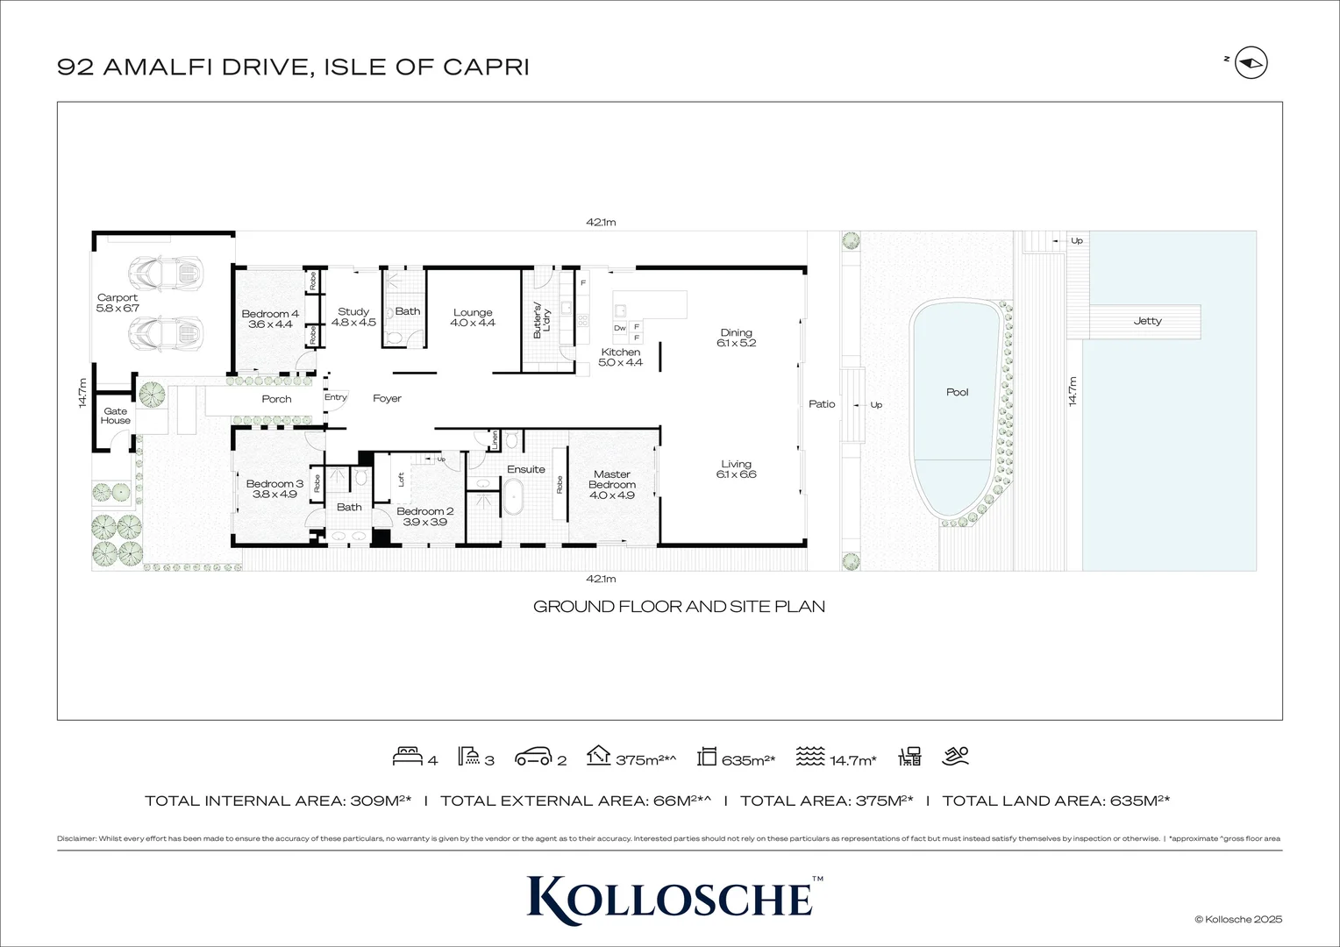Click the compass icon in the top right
point(1251,63)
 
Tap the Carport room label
point(118,303)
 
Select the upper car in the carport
point(166,274)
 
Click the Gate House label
point(115,416)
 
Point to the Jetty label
point(1147,321)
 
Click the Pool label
point(957,392)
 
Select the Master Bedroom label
point(611,485)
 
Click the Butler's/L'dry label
point(542,321)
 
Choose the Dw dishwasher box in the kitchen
point(620,328)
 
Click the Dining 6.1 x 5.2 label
point(736,338)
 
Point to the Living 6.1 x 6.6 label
point(736,469)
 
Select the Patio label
point(822,403)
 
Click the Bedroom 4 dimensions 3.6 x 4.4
point(270,324)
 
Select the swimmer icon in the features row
point(956,756)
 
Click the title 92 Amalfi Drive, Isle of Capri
point(293,67)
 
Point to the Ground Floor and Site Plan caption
point(679,606)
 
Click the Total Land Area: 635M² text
point(1056,801)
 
